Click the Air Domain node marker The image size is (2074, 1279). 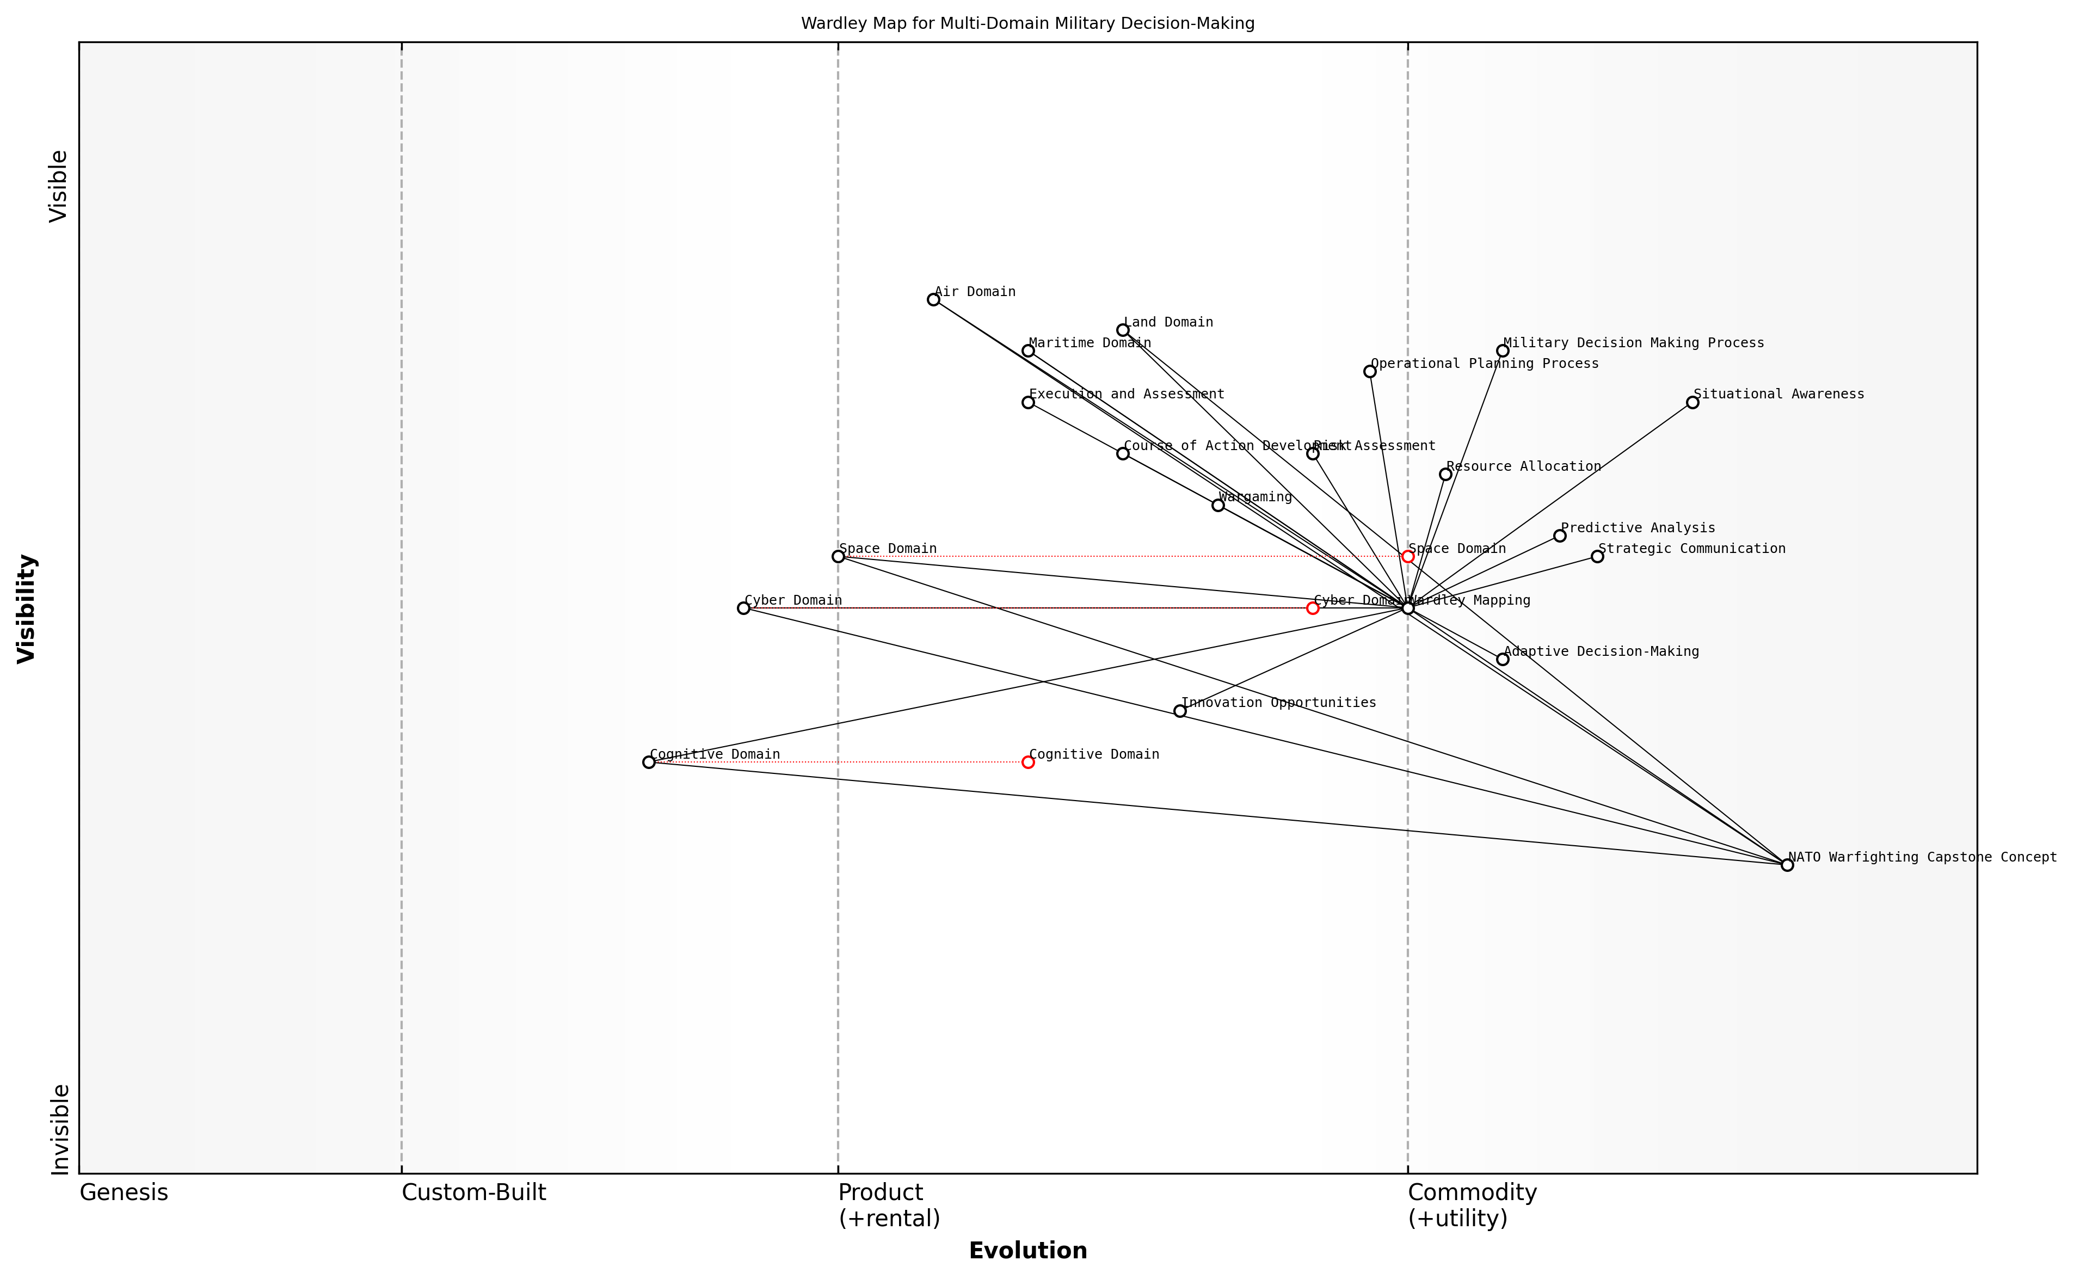(x=933, y=299)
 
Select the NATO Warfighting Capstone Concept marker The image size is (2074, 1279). (x=1787, y=864)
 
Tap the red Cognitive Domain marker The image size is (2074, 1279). (x=1027, y=762)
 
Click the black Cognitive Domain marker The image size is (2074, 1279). (x=649, y=762)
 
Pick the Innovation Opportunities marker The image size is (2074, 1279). (x=1180, y=711)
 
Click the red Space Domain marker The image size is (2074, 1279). (x=1407, y=557)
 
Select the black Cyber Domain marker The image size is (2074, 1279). (x=743, y=608)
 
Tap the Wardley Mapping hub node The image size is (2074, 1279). (x=1407, y=608)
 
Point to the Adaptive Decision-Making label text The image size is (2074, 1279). (x=1601, y=651)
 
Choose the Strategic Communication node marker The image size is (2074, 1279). (x=1597, y=557)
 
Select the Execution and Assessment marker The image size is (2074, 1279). (x=1027, y=403)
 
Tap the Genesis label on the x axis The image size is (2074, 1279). (x=124, y=1192)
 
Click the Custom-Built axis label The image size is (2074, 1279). (x=473, y=1192)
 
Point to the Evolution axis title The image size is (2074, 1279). (x=1027, y=1250)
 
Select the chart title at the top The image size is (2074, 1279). (x=1027, y=24)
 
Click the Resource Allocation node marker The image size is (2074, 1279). (x=1445, y=475)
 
